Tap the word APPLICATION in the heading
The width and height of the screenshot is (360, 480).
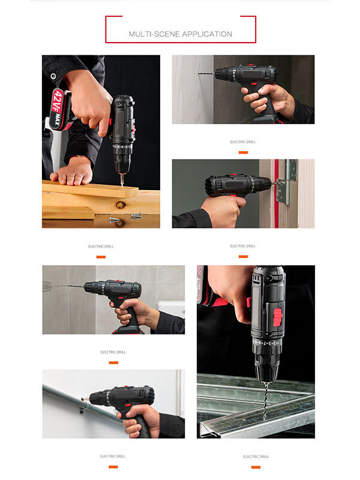click(x=206, y=34)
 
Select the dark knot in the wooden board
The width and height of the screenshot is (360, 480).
click(x=121, y=205)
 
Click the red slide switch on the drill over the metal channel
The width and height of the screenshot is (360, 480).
click(x=277, y=316)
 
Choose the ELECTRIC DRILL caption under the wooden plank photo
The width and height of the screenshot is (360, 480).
click(x=101, y=247)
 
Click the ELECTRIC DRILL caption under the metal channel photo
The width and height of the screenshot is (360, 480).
click(x=256, y=457)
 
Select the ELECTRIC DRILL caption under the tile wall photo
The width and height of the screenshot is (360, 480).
click(x=113, y=352)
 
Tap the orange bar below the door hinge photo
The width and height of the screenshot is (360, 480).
click(x=243, y=256)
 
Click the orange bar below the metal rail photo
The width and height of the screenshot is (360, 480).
click(x=113, y=466)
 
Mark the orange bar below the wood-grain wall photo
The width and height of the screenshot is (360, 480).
click(x=243, y=152)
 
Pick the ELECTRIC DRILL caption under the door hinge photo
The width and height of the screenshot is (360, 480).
click(x=243, y=246)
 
